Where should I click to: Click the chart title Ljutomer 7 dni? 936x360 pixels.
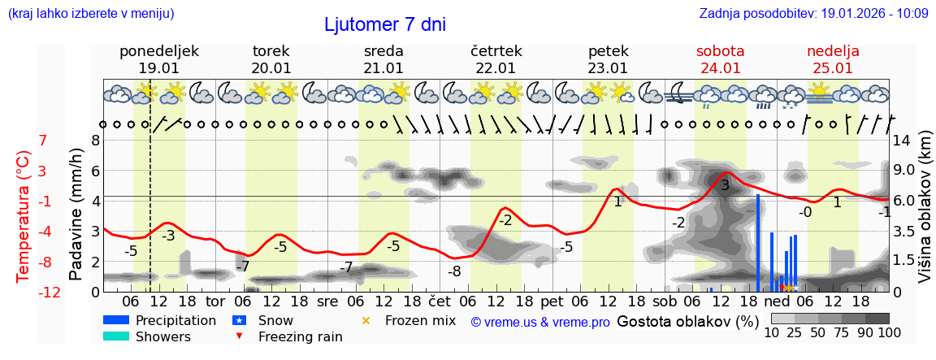pos(385,24)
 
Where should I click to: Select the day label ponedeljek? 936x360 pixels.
pos(158,51)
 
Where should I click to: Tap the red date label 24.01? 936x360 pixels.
pos(720,68)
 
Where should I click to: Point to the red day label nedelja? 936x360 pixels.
pos(833,51)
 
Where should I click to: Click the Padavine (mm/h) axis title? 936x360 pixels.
pos(76,215)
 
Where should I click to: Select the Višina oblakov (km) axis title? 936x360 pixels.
pos(925,215)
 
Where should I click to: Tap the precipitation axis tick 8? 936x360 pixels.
pos(95,140)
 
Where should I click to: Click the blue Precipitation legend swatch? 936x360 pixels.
pos(116,321)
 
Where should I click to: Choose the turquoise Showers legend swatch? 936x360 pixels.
pos(116,336)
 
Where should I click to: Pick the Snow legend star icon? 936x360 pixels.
pos(239,321)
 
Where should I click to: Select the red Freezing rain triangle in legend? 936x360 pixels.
pos(239,336)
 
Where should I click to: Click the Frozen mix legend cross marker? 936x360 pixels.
pos(366,321)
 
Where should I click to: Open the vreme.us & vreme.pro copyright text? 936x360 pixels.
pos(540,323)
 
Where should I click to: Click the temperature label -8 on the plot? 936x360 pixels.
pos(454,271)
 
